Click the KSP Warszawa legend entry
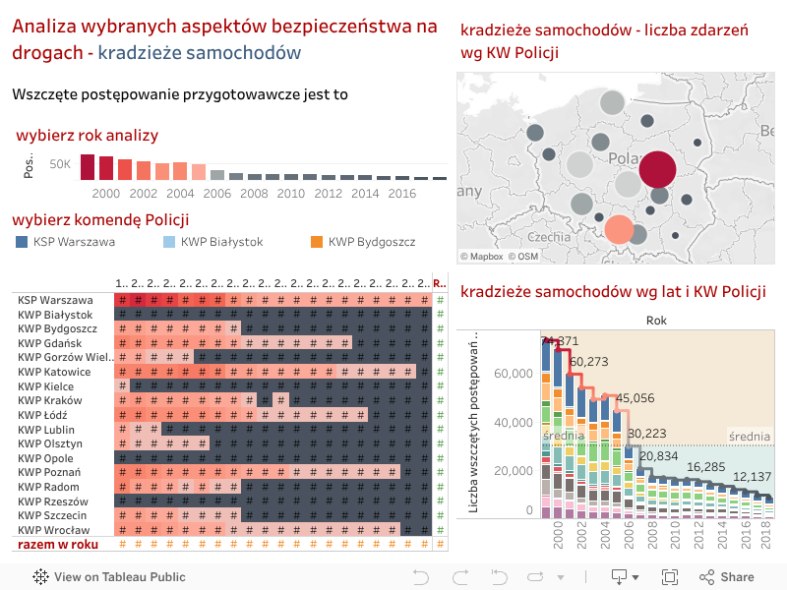74,242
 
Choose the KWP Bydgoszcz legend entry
371,242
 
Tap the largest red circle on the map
658,169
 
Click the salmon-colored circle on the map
619,229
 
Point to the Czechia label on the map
548,237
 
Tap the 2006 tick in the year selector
216,194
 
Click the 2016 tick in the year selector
401,194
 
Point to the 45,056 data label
635,398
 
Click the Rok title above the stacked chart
656,321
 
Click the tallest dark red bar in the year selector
88,167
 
